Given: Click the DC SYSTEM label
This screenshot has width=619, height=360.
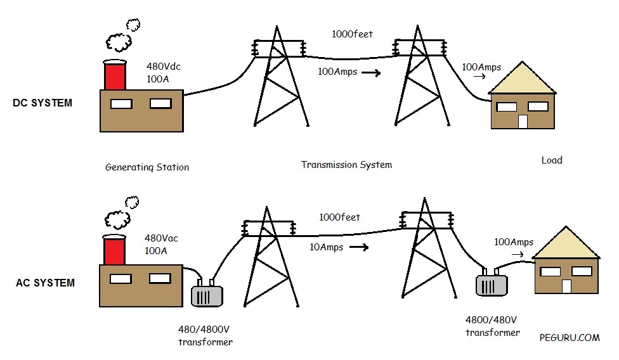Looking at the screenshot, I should tap(42, 103).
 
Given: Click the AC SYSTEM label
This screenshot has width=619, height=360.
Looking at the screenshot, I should tap(45, 283).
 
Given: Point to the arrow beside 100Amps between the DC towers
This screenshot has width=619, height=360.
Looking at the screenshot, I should tap(370, 73).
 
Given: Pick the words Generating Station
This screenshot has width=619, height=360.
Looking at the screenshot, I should tap(147, 167).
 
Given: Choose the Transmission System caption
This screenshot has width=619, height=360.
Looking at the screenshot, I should tap(346, 165).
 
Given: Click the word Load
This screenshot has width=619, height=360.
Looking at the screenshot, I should tap(552, 160).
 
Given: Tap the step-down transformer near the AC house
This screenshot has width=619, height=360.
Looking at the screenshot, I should tap(492, 283).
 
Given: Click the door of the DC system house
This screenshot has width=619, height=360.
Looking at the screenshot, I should tap(523, 121).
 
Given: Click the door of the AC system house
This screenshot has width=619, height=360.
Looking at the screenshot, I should tap(566, 286).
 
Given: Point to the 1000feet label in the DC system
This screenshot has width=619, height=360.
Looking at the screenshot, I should tap(351, 34).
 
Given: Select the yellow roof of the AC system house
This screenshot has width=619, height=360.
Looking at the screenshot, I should tap(566, 244).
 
